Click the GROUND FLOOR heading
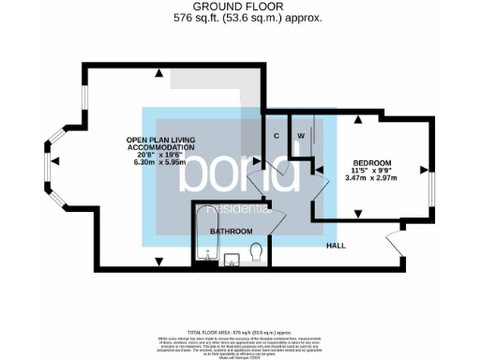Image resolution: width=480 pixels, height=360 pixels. [239, 7]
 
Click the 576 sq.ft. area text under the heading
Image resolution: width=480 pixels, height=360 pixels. [239, 17]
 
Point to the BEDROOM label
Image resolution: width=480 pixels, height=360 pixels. [371, 163]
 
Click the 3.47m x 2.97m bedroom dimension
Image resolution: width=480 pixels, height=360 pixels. [371, 178]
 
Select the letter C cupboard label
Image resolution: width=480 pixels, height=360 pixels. [277, 136]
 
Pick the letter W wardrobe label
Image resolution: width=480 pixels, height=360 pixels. [301, 136]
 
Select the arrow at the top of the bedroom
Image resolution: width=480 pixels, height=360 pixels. [357, 119]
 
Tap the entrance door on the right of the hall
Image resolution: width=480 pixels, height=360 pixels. [395, 247]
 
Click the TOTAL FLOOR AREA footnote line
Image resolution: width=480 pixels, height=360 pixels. [239, 332]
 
